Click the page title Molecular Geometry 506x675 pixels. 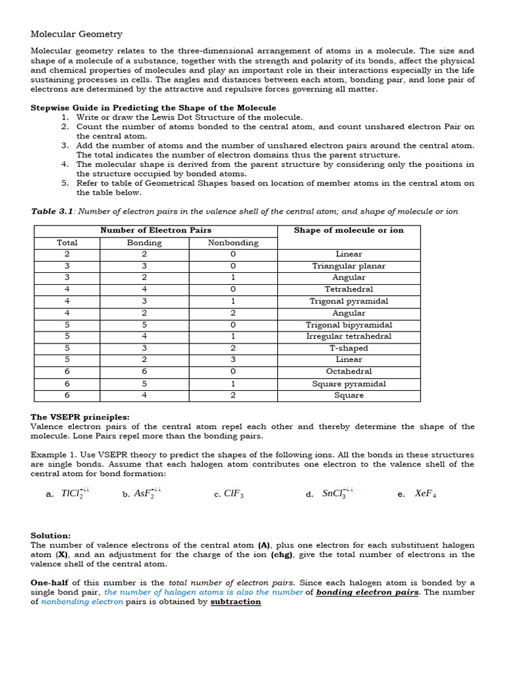(76, 34)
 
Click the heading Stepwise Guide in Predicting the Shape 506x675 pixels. (154, 107)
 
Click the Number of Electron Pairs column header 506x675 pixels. (155, 230)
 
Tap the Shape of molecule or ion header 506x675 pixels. (349, 230)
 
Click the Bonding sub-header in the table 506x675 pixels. (144, 243)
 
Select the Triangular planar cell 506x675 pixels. (349, 266)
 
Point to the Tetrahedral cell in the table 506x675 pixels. (349, 289)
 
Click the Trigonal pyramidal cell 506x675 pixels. (349, 301)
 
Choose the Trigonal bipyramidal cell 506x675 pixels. (349, 325)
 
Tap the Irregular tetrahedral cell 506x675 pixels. (349, 336)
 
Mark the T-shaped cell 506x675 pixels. (349, 348)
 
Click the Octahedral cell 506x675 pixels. (349, 372)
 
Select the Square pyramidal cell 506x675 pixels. (349, 384)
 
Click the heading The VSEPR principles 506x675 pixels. (80, 417)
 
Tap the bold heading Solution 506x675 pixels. (51, 536)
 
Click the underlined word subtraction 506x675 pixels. (235, 602)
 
